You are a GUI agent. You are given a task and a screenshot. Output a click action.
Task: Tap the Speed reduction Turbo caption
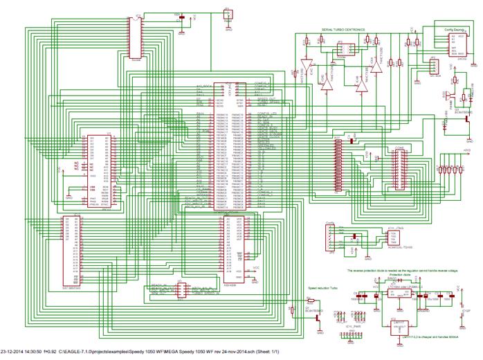322,286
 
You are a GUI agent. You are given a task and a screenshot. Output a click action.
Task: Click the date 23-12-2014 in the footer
16,352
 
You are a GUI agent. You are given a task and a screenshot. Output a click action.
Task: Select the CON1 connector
400,170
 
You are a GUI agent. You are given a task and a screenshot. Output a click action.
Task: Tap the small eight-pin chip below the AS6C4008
179,291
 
